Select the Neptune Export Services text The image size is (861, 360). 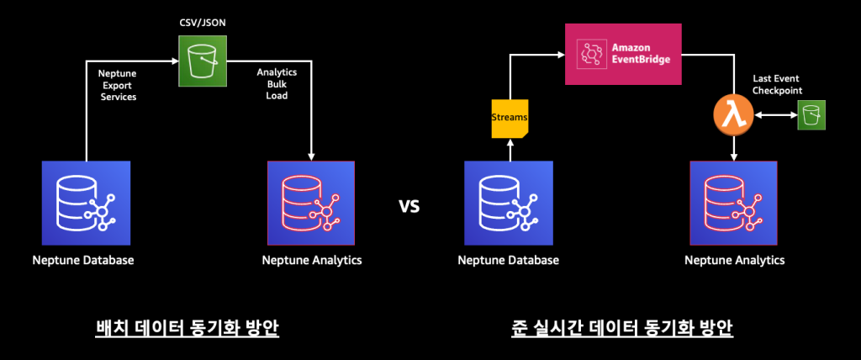tap(118, 85)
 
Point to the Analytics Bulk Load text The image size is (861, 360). tap(277, 84)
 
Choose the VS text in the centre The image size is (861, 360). tap(409, 205)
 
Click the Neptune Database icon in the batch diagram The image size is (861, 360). tap(86, 203)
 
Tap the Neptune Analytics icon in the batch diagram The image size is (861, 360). tap(311, 203)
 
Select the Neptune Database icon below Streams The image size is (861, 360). tap(508, 203)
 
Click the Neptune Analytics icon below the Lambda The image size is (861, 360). tap(733, 203)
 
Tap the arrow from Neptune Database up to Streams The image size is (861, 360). tap(508, 150)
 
